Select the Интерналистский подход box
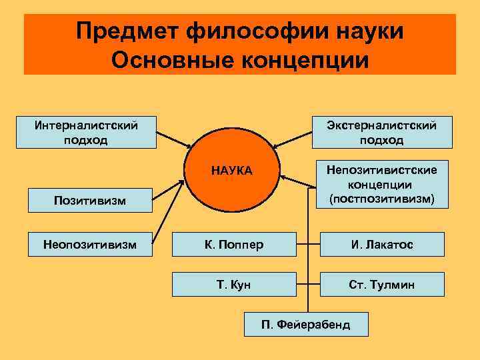[x=85, y=131]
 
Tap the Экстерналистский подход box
[x=381, y=131]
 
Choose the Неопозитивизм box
[x=85, y=245]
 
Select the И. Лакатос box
[x=381, y=245]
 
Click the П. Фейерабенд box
[x=305, y=325]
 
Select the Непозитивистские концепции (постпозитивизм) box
[x=381, y=184]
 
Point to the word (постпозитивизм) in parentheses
[x=381, y=198]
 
